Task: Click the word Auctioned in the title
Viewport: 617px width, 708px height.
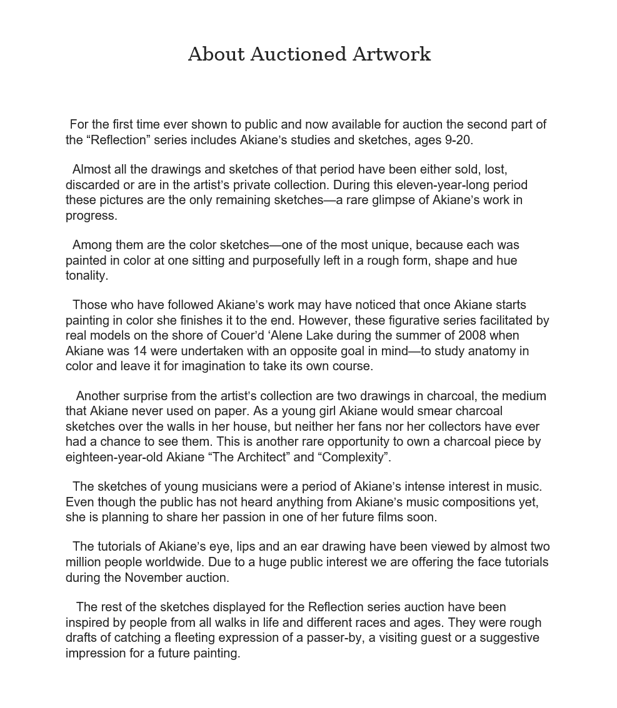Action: point(298,54)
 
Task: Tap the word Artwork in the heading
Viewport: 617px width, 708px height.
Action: point(391,54)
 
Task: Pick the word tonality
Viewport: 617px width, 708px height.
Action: point(86,275)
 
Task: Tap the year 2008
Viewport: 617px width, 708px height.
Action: point(471,335)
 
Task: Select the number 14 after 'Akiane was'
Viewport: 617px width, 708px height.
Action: point(139,351)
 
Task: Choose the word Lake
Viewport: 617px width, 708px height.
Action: point(320,335)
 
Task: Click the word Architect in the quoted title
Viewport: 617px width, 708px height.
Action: point(258,457)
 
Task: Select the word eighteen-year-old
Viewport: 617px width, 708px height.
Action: point(114,457)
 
